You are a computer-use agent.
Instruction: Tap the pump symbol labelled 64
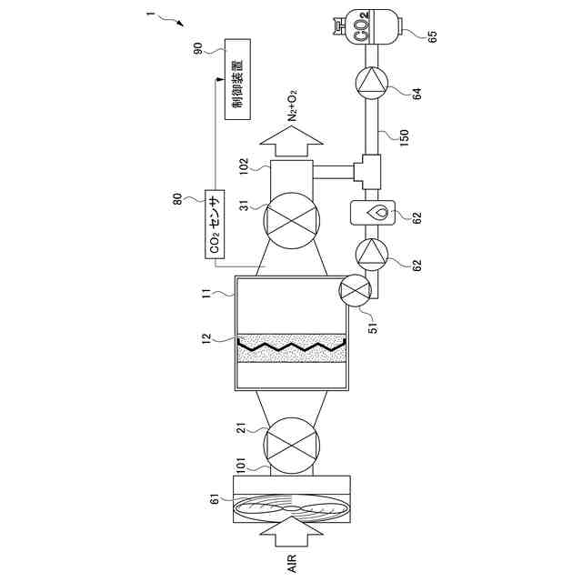[372, 84]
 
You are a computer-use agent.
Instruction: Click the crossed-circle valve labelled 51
[356, 291]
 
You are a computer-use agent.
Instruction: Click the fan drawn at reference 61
[292, 510]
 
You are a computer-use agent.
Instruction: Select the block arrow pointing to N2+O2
[292, 143]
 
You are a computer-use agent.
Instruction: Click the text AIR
[292, 564]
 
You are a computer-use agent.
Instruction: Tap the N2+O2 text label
[292, 105]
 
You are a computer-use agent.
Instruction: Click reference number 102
[245, 166]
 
